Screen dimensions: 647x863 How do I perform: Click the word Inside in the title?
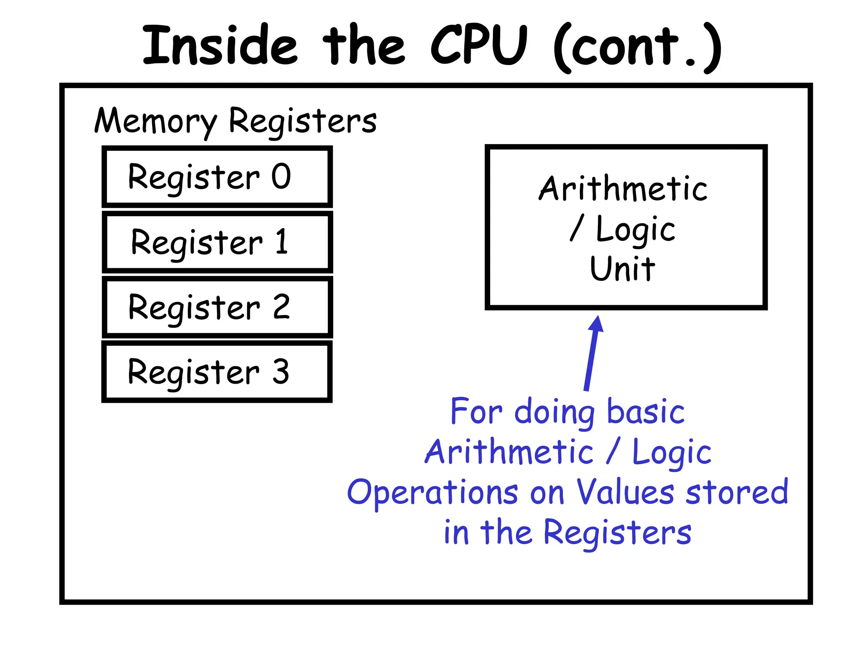pos(220,45)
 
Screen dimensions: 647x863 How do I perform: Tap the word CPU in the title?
pos(479,45)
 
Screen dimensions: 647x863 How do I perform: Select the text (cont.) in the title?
pos(637,47)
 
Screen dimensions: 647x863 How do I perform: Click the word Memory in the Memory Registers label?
pos(155,121)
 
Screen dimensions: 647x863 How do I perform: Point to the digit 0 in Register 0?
pos(281,176)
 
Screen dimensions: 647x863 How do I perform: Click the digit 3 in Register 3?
pos(281,372)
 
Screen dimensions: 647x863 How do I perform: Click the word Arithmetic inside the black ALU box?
pos(623,189)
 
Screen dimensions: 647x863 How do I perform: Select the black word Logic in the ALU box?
pos(635,230)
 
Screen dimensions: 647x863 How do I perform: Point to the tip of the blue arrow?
pos(598,317)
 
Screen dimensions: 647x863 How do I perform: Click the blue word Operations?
pos(432,493)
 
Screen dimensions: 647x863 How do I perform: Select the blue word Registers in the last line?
pos(617,533)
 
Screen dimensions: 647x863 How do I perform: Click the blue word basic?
pos(646,412)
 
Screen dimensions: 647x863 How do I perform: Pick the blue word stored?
pos(737,492)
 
